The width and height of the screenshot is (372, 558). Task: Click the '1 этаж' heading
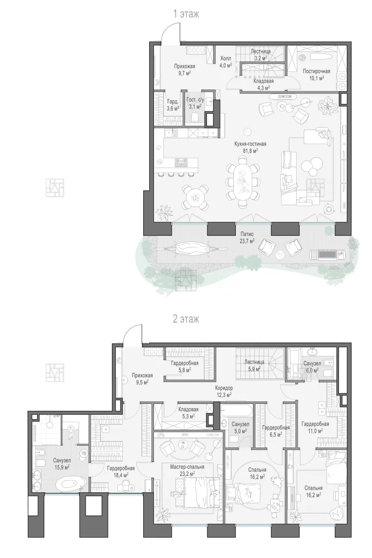186,14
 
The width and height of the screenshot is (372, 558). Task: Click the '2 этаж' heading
186,319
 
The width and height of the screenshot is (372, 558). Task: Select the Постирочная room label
316,71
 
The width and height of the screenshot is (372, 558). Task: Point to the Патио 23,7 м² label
247,237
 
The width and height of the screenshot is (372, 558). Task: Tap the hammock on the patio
192,249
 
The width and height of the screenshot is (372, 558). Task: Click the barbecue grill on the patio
327,254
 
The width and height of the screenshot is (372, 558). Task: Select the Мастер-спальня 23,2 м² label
187,470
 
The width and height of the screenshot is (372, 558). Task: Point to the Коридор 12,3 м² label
224,391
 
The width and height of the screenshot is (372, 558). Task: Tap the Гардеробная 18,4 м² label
121,472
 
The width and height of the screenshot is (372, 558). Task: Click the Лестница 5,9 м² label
254,365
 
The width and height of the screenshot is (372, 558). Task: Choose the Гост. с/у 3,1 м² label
195,104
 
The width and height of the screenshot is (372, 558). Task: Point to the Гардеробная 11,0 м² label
315,427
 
